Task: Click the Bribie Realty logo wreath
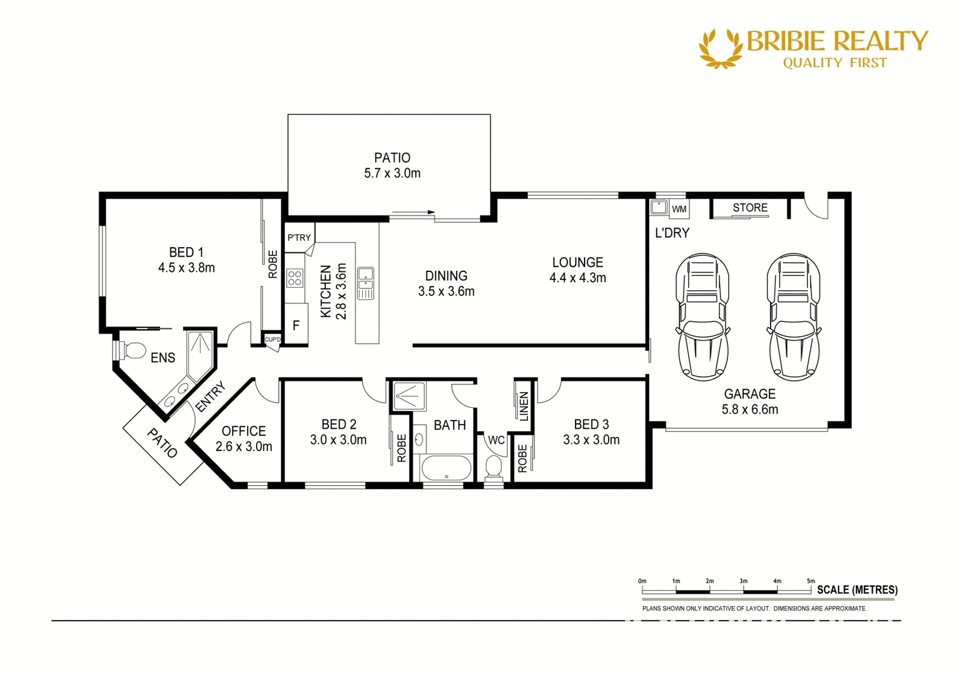tap(720, 48)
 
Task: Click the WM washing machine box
tap(679, 209)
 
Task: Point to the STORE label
tap(750, 208)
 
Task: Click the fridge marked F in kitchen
tap(296, 325)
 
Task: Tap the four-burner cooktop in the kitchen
tap(294, 278)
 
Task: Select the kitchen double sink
tap(365, 283)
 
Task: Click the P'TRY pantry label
tap(299, 238)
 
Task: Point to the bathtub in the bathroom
tap(446, 469)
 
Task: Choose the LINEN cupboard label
tap(524, 406)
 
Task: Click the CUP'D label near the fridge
tap(273, 340)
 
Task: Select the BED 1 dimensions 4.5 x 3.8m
tap(186, 268)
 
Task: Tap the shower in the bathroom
tap(410, 396)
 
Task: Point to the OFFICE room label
tap(243, 431)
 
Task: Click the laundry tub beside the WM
tap(659, 207)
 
